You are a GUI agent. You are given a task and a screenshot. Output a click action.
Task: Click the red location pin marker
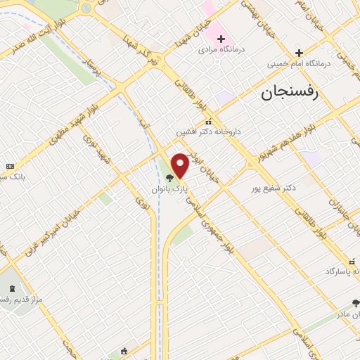180,165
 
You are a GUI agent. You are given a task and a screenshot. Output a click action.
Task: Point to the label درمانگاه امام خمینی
298,63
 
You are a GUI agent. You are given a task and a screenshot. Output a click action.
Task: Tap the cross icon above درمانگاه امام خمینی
299,53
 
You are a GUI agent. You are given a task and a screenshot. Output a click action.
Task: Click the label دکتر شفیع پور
274,188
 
